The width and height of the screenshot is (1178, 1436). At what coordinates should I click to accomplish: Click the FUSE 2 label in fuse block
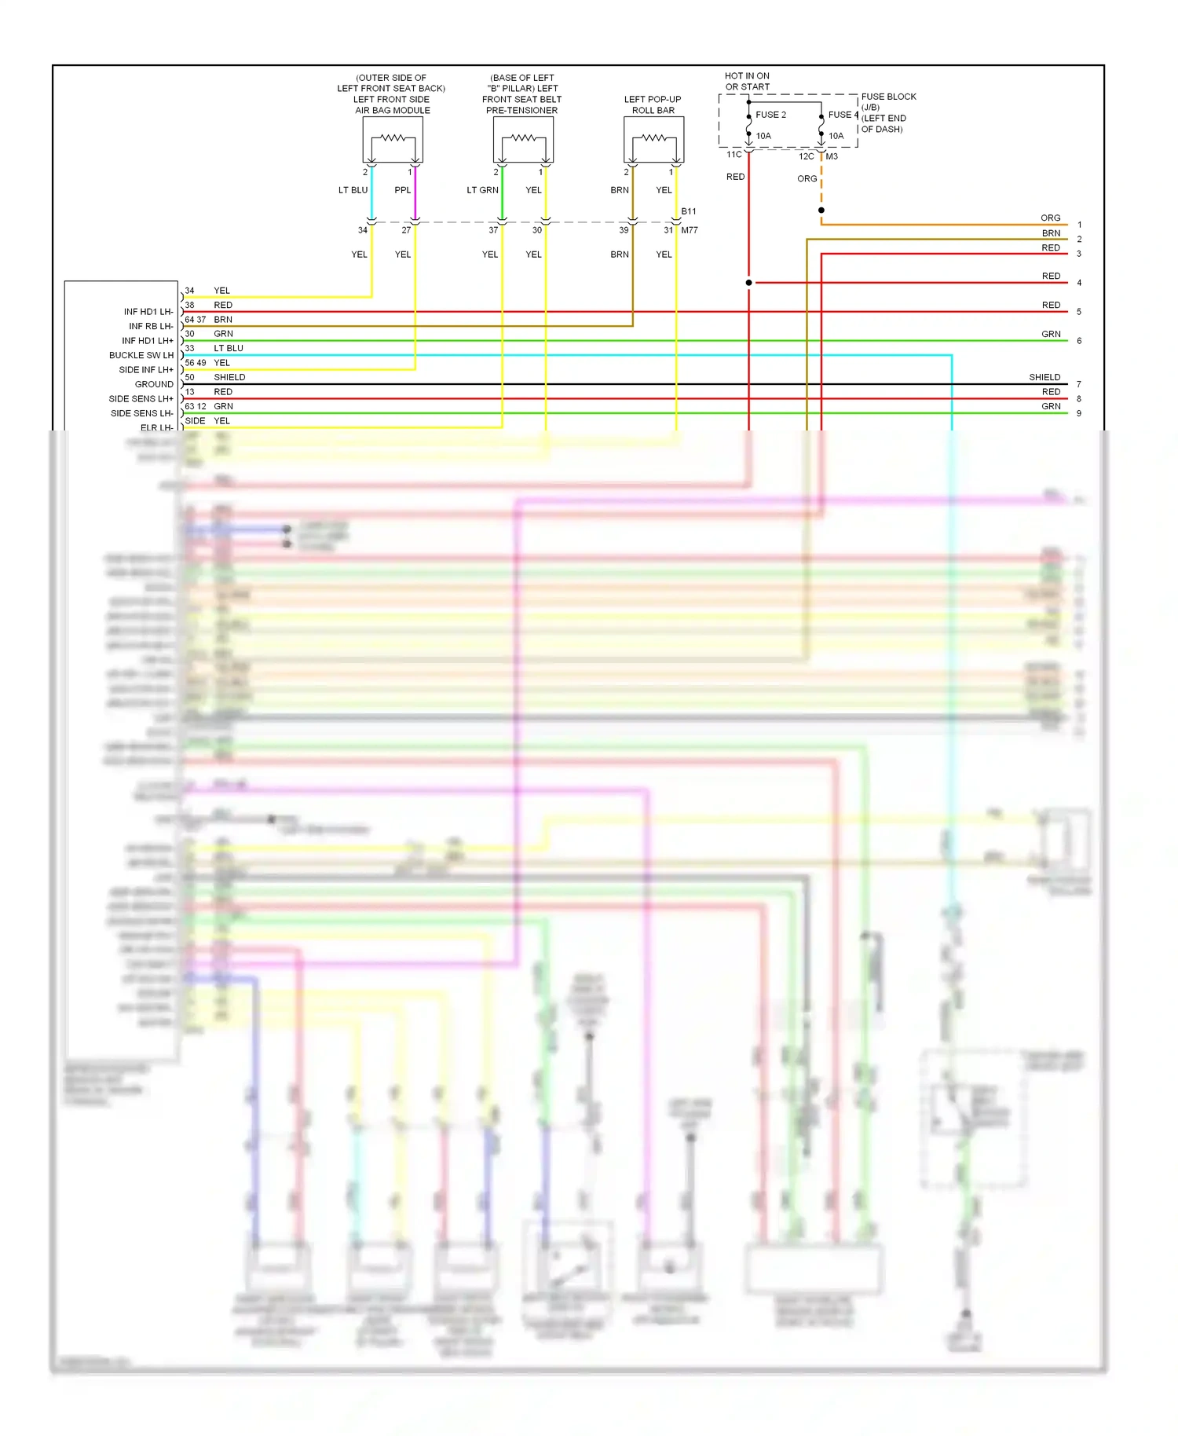point(770,115)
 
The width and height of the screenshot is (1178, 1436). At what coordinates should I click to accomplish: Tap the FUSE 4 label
point(843,115)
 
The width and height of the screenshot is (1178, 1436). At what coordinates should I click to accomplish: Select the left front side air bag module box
point(393,140)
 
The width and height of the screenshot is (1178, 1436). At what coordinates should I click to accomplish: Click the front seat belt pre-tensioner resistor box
point(523,140)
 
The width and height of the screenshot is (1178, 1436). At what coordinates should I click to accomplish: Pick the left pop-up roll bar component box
point(653,140)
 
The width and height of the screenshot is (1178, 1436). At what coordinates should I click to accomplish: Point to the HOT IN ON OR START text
point(747,82)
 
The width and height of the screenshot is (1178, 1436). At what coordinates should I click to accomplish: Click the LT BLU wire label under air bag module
point(353,190)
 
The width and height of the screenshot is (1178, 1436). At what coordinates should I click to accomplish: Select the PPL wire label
point(402,190)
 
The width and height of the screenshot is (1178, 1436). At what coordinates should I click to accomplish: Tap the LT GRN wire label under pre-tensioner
point(482,190)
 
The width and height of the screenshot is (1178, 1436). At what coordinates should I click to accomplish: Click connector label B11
point(689,211)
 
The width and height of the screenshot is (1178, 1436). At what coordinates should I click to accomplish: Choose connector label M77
point(690,230)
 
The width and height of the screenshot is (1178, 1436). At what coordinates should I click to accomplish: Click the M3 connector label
point(832,156)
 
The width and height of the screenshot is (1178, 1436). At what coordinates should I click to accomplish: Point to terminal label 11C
point(734,155)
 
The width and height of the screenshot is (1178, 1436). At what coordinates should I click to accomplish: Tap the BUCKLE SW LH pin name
point(141,355)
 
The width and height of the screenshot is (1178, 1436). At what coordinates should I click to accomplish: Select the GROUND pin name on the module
point(154,384)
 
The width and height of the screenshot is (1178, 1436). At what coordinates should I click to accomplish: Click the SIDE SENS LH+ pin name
point(141,399)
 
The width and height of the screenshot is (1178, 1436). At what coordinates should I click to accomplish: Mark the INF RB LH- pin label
point(151,326)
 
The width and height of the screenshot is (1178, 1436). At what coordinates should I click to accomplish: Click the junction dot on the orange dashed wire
point(821,211)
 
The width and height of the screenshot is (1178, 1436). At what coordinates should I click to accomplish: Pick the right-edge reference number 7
point(1079,384)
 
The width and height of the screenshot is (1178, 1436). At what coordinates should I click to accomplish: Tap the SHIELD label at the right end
point(1044,377)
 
